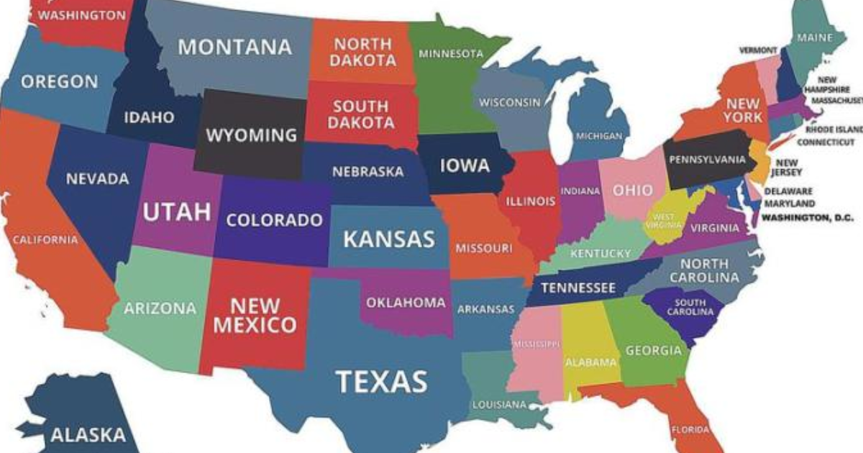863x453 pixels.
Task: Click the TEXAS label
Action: coord(382,380)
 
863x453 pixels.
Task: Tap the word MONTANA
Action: coord(235,47)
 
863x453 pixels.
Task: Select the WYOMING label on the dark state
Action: coord(252,134)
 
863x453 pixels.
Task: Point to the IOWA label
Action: coord(465,166)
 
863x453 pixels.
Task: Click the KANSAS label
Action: coord(388,239)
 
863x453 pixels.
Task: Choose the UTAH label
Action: coord(176,211)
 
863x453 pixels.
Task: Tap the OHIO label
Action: coord(633,191)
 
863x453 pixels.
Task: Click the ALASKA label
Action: coord(88,434)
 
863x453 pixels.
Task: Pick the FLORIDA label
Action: coord(690,430)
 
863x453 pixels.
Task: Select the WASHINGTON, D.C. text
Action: coord(807,216)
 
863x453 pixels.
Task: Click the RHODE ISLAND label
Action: coord(834,129)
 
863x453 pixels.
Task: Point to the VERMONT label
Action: coord(758,50)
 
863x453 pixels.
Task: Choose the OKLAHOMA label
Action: coord(406,303)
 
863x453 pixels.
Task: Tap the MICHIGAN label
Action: coord(599,136)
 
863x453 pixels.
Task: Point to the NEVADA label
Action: coord(98,178)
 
